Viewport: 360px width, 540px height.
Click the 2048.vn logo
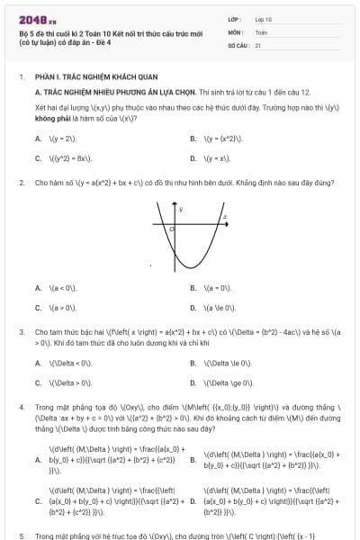(32, 16)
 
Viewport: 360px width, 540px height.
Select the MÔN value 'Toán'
(261, 31)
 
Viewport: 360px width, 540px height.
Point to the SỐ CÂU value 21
(257, 44)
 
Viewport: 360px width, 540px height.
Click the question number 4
(21, 407)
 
